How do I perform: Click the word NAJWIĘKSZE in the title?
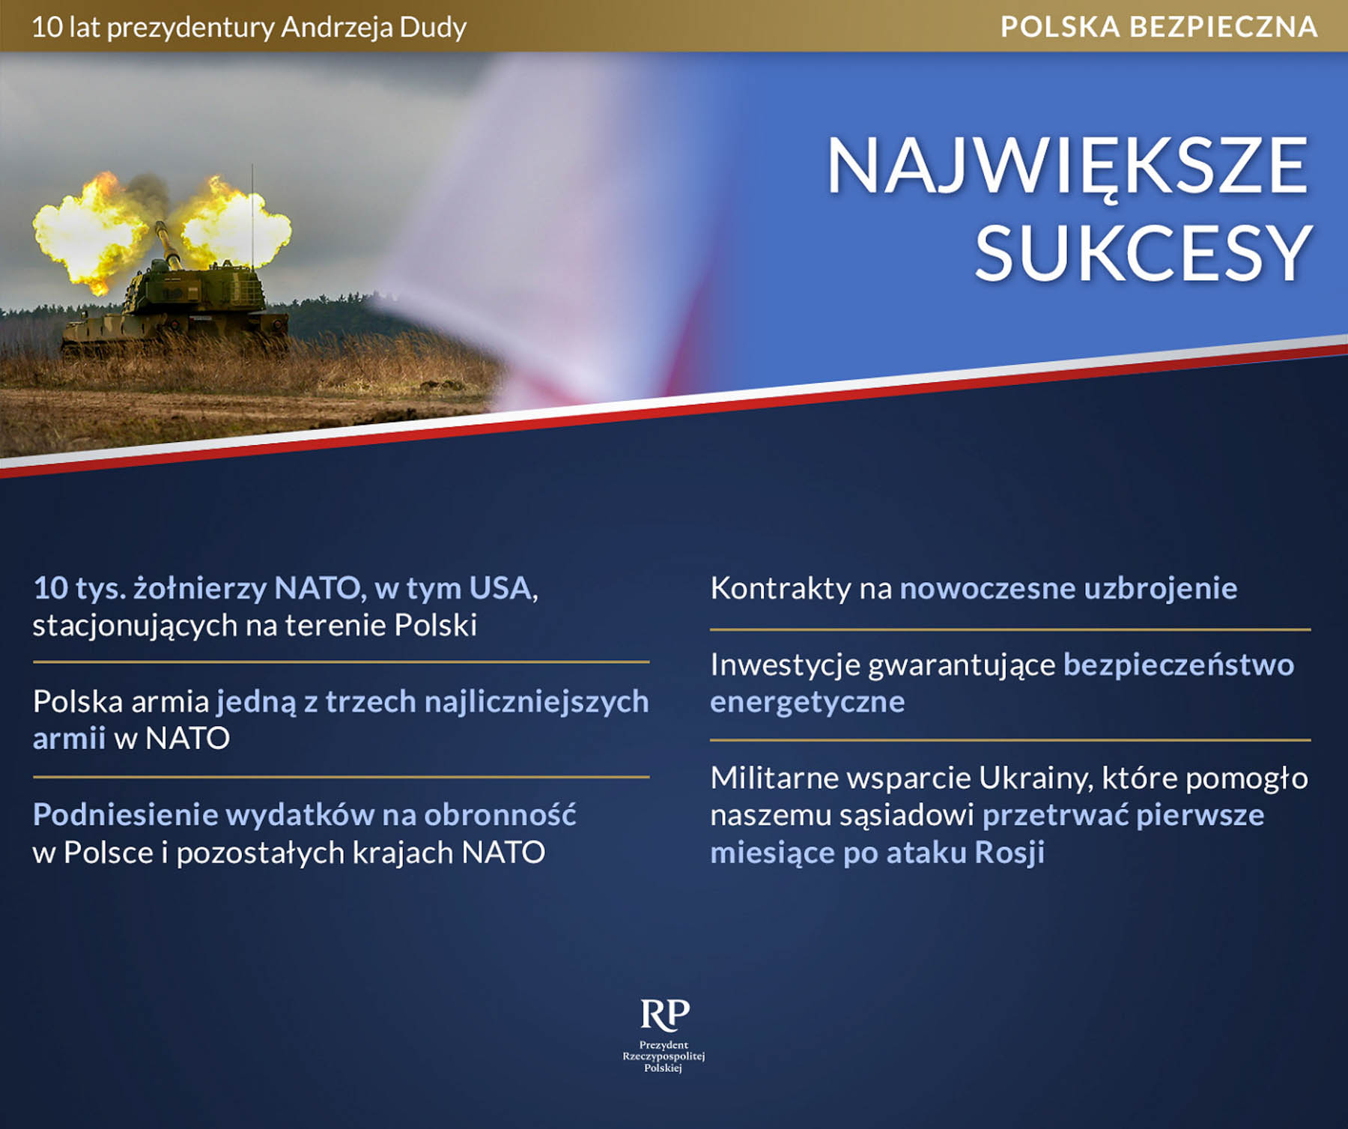coord(1067,166)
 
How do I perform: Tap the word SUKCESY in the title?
coord(1144,253)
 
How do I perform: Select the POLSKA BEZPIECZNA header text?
coord(1159,27)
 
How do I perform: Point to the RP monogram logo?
coord(665,1014)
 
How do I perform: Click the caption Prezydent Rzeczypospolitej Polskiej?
coord(664,1056)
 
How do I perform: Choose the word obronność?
coord(500,814)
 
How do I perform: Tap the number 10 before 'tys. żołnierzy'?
coord(51,589)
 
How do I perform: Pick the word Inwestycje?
coord(785,665)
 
